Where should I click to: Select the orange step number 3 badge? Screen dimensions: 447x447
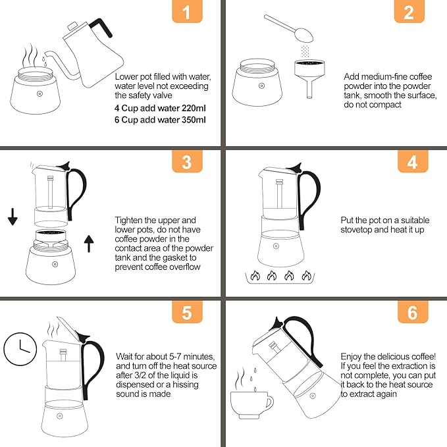[187, 162]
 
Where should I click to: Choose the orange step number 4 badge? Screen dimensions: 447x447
[412, 162]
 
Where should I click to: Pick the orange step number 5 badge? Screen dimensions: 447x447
[187, 311]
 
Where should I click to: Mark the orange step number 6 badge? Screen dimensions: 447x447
[412, 311]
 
